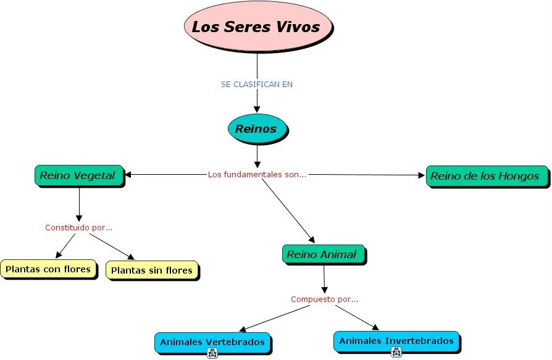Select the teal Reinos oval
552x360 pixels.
tap(256, 129)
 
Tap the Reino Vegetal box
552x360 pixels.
tap(78, 175)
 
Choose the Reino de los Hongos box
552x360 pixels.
tap(485, 176)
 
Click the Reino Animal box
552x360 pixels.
tap(323, 254)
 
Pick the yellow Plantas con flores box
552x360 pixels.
tap(48, 269)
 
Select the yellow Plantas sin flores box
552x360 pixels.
tap(152, 270)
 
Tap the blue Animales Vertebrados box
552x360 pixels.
tap(212, 341)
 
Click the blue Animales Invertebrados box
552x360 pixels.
tap(396, 341)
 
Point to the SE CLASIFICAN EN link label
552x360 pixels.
tap(256, 84)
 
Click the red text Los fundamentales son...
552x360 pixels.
tap(257, 174)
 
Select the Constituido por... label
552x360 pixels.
tap(78, 227)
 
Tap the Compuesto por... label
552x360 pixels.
tap(324, 299)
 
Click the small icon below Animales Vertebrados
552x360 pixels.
tap(212, 353)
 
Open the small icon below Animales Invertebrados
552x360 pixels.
tap(396, 353)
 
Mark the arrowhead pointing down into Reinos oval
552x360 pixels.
tap(257, 111)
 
